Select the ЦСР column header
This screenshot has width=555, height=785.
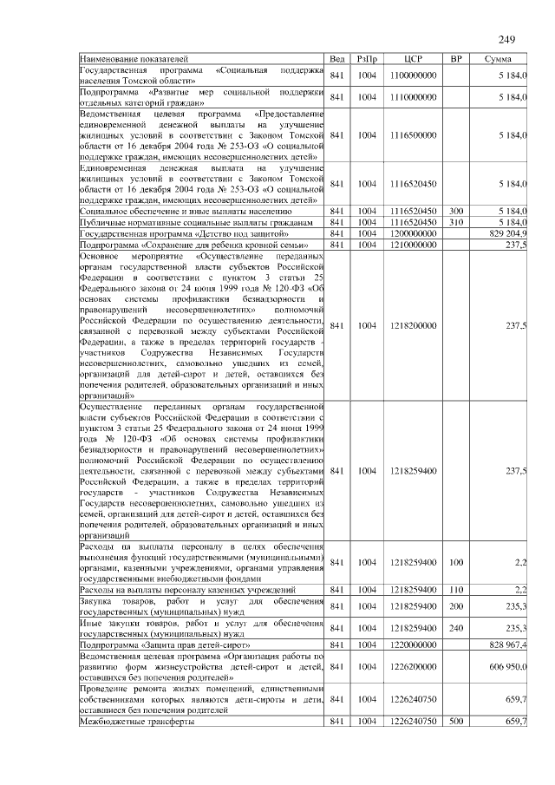click(x=413, y=58)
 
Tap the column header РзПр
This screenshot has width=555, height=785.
click(x=367, y=58)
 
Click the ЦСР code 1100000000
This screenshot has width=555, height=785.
click(x=413, y=75)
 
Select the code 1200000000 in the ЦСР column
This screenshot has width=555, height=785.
click(x=413, y=234)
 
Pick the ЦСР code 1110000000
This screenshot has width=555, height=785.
click(x=413, y=97)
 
